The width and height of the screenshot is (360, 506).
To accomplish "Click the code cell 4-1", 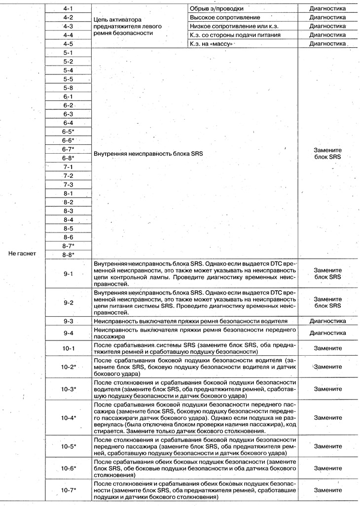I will point(68,8).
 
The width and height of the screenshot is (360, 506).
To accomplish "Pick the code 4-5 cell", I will point(68,44).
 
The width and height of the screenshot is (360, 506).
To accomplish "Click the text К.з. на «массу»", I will point(211,44).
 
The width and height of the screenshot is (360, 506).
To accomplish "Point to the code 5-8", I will point(68,88).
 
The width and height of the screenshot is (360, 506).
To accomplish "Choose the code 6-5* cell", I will point(68,132).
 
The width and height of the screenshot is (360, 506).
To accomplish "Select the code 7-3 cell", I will point(68,184).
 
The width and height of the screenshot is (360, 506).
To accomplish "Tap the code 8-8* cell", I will point(68,255).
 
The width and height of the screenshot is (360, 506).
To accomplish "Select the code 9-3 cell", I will point(68,321).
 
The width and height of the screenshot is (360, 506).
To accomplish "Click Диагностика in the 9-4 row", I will point(327,333).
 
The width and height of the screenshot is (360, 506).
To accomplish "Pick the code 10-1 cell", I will point(68,349).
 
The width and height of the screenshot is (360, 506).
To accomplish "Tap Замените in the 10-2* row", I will point(327,367).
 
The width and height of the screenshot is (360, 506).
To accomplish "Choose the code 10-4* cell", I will point(68,417).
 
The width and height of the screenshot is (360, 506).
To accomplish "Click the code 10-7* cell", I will point(68,491).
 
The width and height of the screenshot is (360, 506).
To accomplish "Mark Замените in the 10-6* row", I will point(327,468).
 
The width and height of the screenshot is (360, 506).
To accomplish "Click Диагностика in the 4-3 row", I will point(327,26).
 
